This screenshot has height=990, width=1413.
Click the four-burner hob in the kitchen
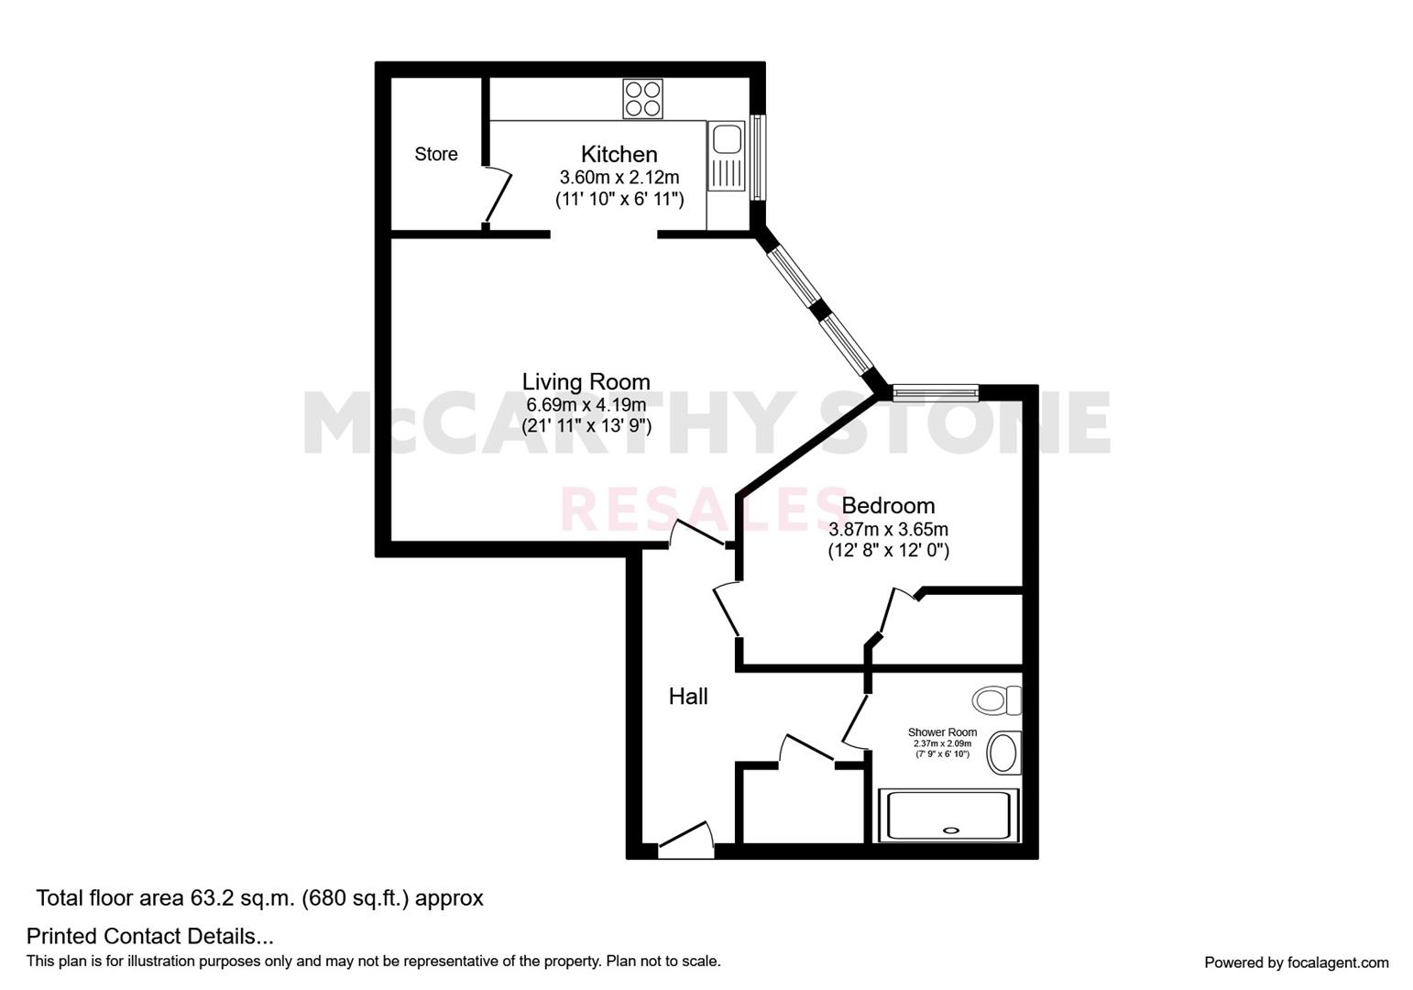pos(642,98)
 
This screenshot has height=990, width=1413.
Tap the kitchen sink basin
pos(728,138)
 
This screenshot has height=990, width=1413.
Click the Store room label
pos(435,154)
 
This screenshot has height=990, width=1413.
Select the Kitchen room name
pos(619,154)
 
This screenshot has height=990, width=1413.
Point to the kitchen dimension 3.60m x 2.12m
pos(619,177)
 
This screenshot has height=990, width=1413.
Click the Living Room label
pos(586,381)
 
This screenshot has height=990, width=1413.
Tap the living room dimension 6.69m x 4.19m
pos(586,404)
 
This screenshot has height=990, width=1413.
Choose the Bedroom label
pos(888,505)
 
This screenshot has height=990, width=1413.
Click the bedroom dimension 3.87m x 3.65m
pos(888,529)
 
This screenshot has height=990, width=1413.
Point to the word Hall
pos(688,697)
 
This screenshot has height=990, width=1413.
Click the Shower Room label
pos(942,732)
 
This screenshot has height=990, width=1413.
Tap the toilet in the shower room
pos(997,700)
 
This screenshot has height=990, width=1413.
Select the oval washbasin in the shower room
pos(1003,753)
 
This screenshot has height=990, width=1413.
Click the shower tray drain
pos(951,830)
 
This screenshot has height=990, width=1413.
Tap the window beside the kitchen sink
pos(757,157)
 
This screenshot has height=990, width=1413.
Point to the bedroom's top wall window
pos(936,394)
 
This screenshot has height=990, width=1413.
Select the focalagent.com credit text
pos(1296,962)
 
